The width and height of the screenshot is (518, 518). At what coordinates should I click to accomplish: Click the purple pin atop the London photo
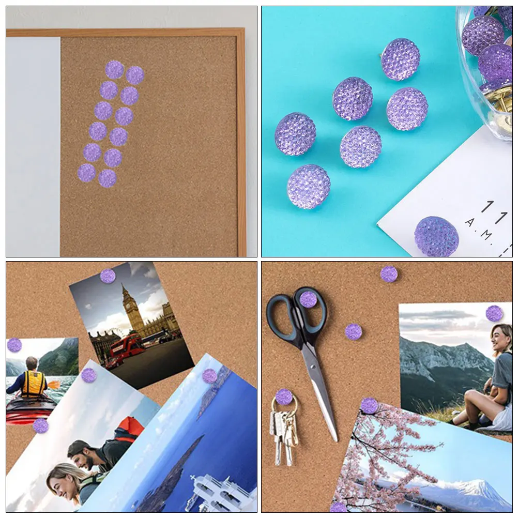(x=108, y=276)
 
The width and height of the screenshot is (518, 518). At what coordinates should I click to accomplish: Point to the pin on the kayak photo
(x=14, y=345)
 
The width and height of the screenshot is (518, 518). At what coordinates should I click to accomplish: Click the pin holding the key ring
(x=284, y=397)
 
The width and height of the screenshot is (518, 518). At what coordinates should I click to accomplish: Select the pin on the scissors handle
(x=308, y=299)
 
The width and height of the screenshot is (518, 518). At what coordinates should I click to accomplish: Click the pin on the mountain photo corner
(x=494, y=313)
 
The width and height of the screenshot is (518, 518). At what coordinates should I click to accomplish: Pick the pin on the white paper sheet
(x=436, y=236)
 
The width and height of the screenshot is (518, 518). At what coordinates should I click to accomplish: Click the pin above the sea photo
(x=209, y=376)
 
